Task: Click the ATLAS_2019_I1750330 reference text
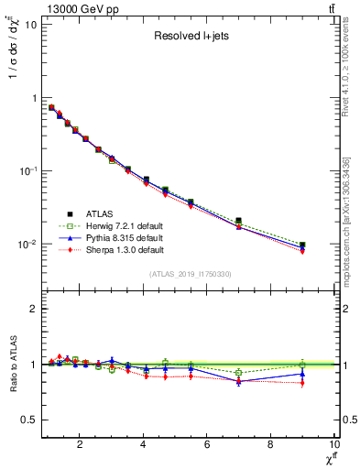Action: pos(190,274)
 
